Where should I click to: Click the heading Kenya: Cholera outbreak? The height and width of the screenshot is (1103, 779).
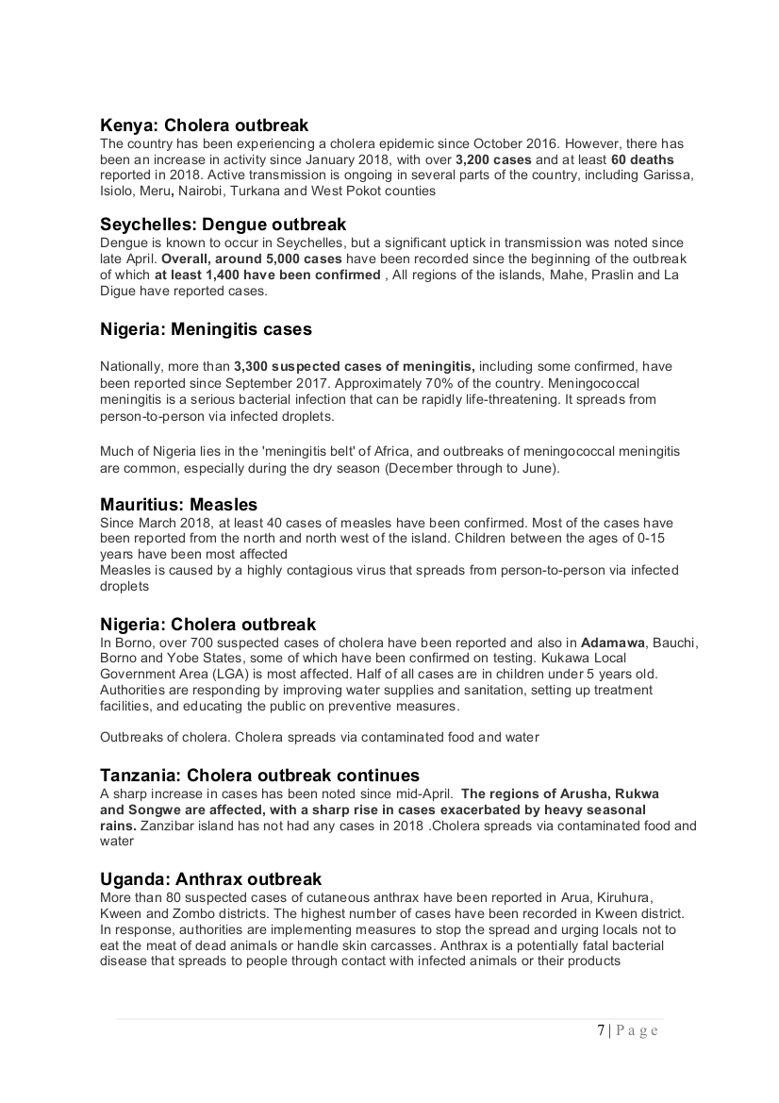click(x=204, y=125)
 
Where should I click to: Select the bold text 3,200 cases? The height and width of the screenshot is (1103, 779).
click(x=493, y=159)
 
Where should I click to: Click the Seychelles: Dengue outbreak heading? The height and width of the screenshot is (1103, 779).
click(x=223, y=225)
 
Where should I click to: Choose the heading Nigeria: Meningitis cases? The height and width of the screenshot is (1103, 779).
click(x=206, y=329)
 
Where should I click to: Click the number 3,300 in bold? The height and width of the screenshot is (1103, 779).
click(x=253, y=365)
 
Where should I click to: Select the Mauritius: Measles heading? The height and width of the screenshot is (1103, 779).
click(x=178, y=504)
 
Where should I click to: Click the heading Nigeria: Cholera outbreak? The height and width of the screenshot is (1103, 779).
click(x=207, y=624)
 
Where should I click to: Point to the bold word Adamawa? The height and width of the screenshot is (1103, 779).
click(x=614, y=643)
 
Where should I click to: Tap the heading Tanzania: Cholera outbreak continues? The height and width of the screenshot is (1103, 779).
click(x=259, y=775)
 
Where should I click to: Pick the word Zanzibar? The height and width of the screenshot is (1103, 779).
click(x=166, y=826)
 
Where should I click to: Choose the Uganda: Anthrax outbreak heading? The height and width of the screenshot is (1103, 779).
click(x=210, y=878)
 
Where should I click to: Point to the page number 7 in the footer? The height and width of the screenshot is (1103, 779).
click(x=601, y=1030)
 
